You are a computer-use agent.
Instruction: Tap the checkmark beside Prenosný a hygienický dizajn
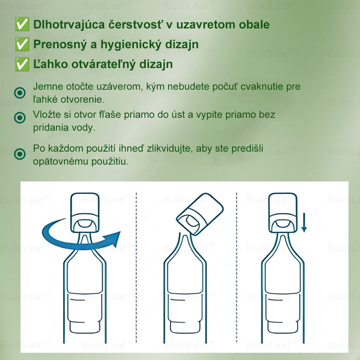coord(22,45)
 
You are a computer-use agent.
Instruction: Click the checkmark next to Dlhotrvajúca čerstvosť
coord(22,25)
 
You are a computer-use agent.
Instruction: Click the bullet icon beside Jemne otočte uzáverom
coord(20,93)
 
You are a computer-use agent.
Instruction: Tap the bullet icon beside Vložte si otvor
coord(20,118)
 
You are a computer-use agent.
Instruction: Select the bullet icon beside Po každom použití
coord(20,154)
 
